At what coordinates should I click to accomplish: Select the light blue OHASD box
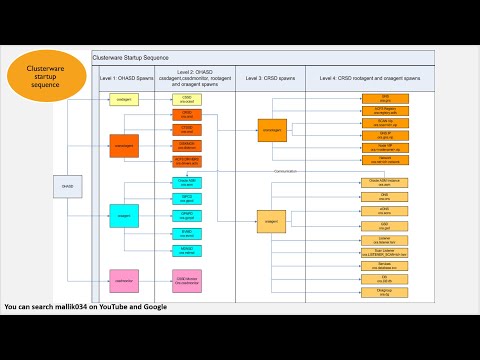67,186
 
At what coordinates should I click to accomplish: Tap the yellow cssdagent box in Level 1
123,99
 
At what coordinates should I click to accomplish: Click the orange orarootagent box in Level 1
124,145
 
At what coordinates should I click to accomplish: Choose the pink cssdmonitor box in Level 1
124,282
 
